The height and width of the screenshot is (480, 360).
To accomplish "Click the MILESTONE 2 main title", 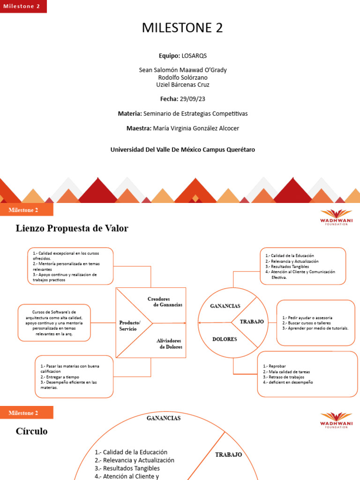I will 182,28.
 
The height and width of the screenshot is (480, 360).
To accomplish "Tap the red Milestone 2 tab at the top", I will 22,6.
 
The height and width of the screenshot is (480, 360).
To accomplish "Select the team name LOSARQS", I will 194,55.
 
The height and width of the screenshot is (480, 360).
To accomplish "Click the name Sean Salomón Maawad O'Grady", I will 183,70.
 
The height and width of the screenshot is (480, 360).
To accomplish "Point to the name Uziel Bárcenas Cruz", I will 183,85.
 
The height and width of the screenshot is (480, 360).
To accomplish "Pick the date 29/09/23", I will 195,99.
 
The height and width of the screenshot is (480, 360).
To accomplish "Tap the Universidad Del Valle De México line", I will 183,150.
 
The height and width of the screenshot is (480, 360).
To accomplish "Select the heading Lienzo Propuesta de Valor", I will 72,228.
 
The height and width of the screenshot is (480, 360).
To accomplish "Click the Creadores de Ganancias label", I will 165,301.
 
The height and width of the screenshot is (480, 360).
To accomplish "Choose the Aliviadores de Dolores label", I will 169,344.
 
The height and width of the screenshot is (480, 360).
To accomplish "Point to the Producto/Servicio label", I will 129,326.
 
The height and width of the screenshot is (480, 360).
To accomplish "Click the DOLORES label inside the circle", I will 225,339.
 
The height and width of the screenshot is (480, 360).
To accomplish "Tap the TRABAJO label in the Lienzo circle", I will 252,322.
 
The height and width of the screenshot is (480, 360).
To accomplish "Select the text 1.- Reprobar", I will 275,366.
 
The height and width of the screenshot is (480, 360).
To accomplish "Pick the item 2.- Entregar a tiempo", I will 60,377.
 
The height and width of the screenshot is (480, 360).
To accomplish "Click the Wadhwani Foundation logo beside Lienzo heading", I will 336,217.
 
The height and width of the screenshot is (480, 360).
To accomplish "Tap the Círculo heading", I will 31,431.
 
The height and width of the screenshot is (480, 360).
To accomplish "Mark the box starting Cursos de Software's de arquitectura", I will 54,323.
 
